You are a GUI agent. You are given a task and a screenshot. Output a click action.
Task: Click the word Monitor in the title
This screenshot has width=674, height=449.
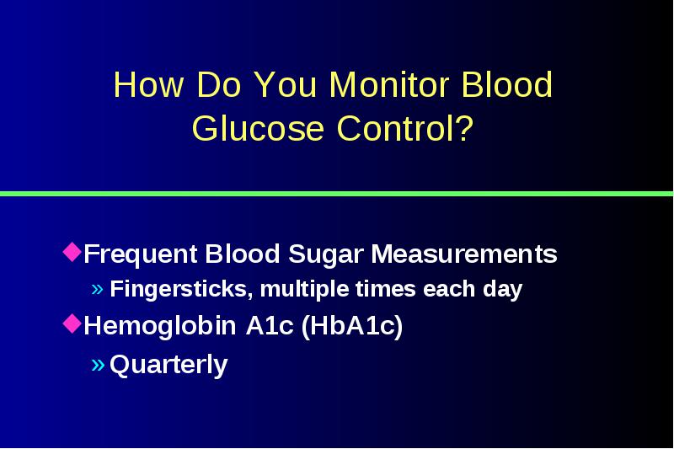tap(389, 84)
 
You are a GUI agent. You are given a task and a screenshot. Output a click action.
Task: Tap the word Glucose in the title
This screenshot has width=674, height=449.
tap(258, 127)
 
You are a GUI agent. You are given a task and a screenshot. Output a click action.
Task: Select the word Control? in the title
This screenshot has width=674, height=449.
tap(405, 127)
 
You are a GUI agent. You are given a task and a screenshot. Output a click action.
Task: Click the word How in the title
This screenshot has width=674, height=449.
tap(148, 84)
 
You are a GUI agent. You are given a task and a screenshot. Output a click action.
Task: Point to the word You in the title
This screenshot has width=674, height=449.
tap(286, 84)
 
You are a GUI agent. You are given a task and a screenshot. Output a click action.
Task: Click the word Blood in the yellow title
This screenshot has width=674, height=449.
tap(507, 84)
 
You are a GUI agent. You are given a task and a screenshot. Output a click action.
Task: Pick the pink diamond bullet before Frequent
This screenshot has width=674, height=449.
tap(72, 252)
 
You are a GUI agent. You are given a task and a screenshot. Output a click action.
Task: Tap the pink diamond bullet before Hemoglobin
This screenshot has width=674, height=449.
tap(72, 323)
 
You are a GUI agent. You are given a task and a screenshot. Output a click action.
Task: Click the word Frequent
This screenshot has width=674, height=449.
tap(141, 254)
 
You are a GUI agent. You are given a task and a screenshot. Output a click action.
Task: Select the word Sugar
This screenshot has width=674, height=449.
tap(326, 254)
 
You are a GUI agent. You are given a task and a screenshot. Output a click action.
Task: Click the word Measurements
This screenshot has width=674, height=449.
tap(464, 254)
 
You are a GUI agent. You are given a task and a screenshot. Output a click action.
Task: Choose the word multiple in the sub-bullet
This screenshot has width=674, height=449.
tap(306, 289)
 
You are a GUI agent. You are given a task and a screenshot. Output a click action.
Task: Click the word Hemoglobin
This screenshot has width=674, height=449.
tap(160, 325)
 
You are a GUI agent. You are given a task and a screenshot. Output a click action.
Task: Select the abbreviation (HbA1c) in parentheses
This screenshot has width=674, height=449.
tap(352, 325)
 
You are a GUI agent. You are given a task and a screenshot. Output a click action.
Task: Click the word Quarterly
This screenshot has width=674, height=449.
tap(168, 365)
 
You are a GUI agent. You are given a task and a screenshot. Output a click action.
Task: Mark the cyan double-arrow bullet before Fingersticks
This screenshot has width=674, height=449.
tap(98, 289)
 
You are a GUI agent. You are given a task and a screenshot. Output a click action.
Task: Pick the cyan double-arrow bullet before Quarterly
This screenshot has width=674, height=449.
tap(98, 365)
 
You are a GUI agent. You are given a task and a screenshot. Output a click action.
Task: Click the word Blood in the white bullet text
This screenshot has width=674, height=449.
tap(243, 254)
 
